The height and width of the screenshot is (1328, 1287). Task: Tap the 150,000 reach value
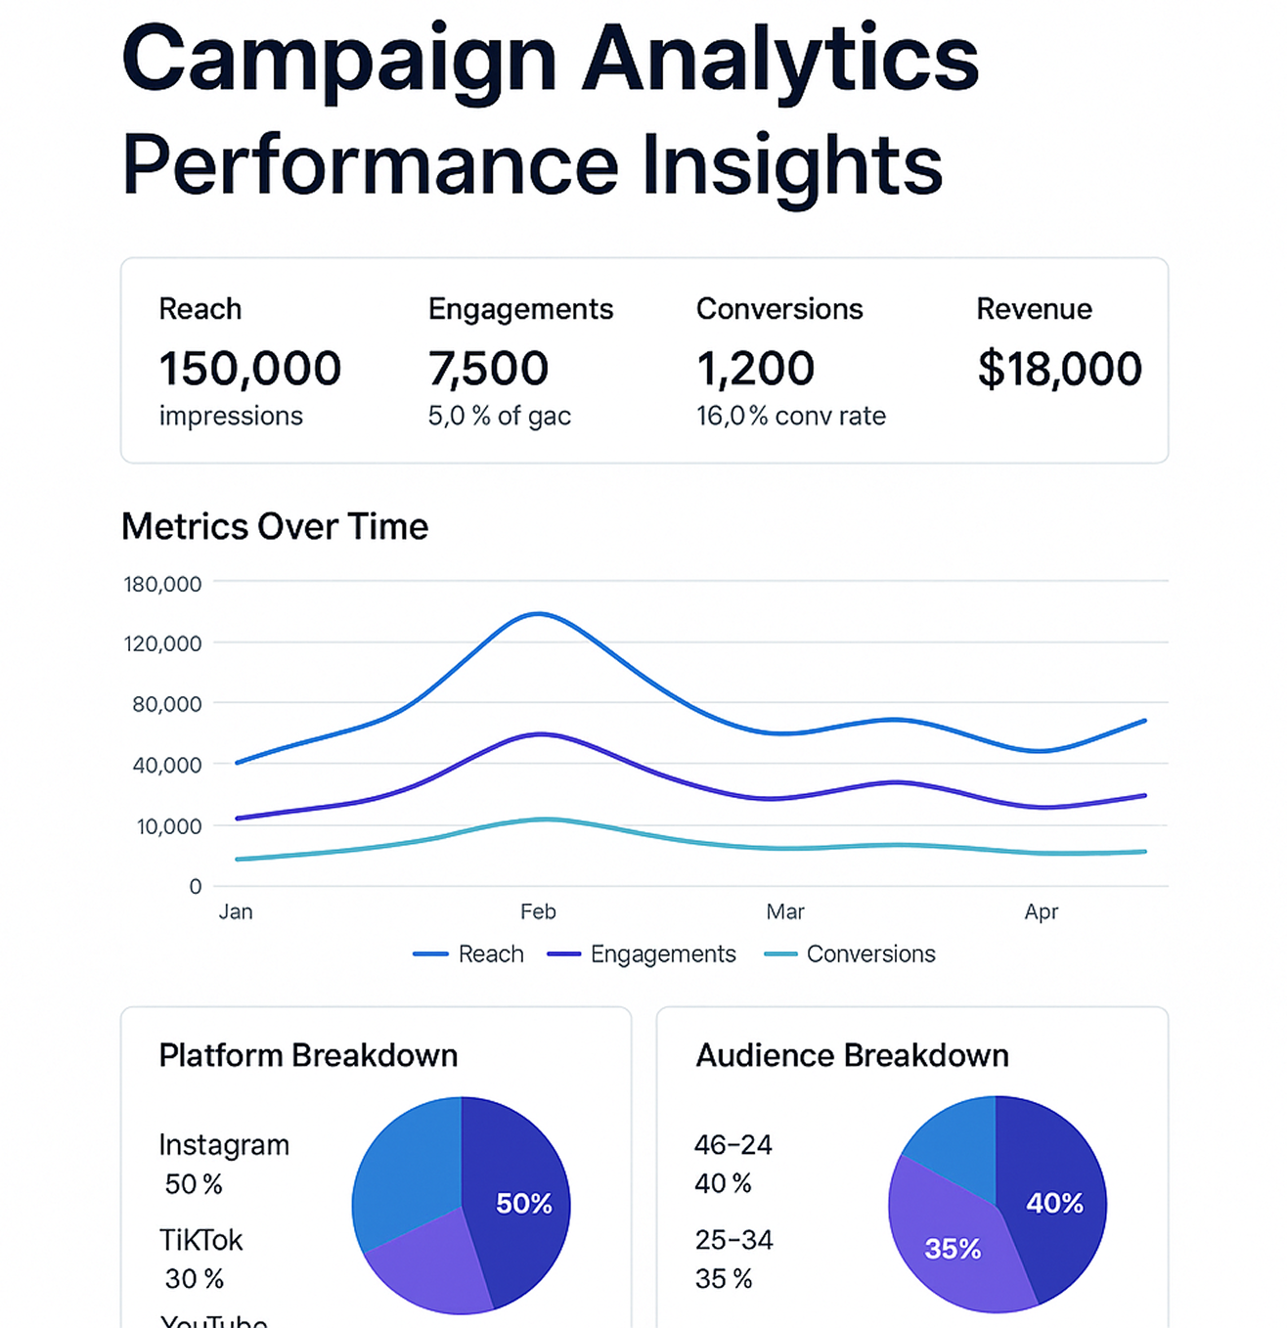(x=250, y=369)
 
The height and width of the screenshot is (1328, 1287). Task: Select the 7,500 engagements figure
(x=488, y=369)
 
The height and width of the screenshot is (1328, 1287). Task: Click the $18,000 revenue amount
(x=1059, y=369)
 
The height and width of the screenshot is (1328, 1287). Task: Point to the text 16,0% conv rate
(x=790, y=416)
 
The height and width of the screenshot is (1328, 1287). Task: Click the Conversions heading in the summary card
(x=779, y=309)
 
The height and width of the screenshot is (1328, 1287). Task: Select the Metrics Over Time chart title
(x=275, y=526)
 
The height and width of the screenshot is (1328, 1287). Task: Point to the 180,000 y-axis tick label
(x=162, y=584)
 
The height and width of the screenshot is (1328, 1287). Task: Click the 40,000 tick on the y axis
(x=167, y=765)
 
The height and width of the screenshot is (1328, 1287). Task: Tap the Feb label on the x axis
(x=538, y=911)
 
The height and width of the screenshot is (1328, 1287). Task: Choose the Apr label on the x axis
(x=1041, y=911)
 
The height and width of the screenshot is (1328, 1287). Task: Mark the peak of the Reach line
(x=539, y=614)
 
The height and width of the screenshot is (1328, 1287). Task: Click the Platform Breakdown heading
(x=308, y=1055)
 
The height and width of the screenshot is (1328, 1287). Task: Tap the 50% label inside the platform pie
(x=523, y=1203)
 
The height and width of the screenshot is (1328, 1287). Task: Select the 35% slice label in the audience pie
(x=953, y=1248)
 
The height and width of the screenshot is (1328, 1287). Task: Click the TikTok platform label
(x=200, y=1240)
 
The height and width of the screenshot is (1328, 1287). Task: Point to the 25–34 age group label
(x=733, y=1240)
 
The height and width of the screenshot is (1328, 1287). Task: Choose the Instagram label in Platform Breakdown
(x=224, y=1144)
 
